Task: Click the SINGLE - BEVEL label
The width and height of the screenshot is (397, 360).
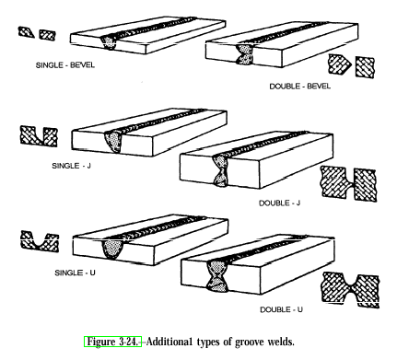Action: click(x=65, y=65)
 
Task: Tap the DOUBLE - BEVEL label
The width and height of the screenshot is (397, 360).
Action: click(x=300, y=87)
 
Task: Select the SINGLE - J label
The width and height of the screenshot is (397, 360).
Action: click(x=72, y=166)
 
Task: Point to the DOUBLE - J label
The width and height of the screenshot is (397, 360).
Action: click(x=279, y=203)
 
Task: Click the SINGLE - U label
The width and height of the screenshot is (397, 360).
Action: click(x=75, y=273)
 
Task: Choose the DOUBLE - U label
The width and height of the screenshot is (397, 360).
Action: click(x=281, y=309)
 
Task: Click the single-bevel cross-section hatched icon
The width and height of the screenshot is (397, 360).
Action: click(x=37, y=33)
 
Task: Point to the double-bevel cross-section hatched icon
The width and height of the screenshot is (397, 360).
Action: click(x=351, y=65)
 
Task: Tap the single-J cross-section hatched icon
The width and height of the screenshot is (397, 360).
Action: click(x=39, y=135)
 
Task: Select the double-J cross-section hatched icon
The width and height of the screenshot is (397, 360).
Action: click(x=349, y=184)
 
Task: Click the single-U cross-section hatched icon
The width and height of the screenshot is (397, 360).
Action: click(x=40, y=241)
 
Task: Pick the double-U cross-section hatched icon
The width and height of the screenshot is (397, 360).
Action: click(x=350, y=289)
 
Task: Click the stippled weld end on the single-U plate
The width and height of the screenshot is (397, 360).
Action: click(x=112, y=249)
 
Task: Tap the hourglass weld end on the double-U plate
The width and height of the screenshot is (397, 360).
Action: click(x=218, y=275)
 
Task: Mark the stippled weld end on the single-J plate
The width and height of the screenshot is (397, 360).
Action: click(x=113, y=141)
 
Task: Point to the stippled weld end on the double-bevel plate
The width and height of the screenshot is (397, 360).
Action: click(x=245, y=54)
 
